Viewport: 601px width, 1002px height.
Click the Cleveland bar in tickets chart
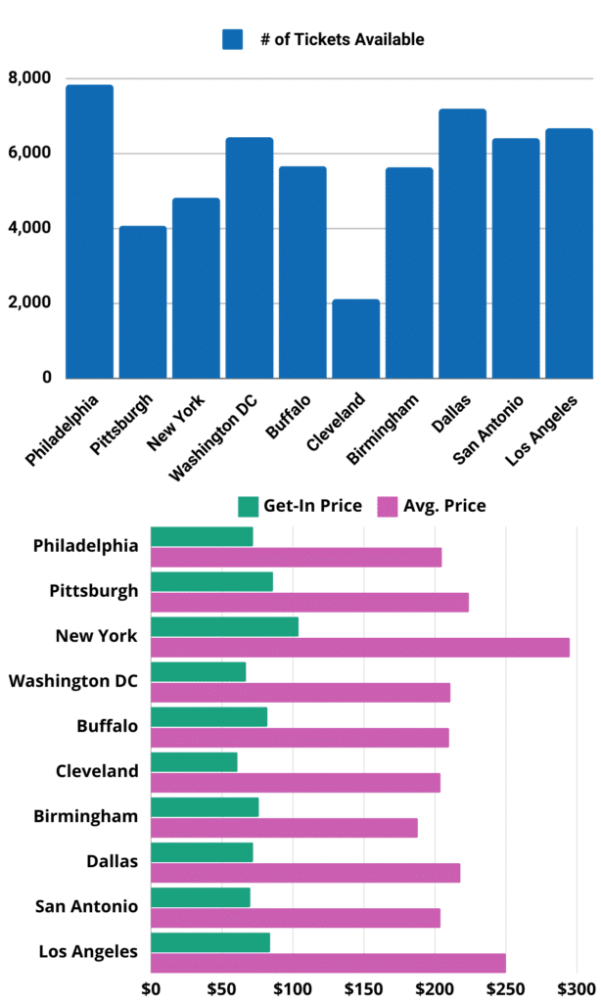355,338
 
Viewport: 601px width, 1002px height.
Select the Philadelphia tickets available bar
89,231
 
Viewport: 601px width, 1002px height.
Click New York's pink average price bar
360,648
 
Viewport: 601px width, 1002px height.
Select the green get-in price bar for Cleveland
194,762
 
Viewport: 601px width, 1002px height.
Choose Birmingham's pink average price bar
284,828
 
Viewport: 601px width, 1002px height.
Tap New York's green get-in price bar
224,627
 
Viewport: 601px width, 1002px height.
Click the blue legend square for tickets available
232,39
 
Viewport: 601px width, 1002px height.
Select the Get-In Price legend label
312,506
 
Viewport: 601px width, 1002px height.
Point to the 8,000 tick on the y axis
30,78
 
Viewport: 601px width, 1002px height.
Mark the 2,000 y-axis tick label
30,303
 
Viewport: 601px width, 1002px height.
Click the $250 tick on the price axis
505,988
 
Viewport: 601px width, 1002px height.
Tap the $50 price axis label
221,988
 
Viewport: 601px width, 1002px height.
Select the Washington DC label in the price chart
73,680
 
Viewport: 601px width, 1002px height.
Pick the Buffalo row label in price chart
108,726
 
